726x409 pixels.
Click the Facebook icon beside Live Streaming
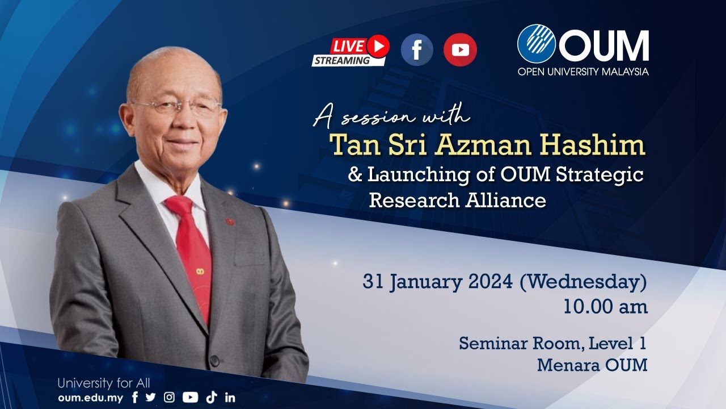[x=417, y=50]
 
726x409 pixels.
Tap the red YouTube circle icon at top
[x=460, y=50]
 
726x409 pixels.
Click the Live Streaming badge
[x=351, y=51]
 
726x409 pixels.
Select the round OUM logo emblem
[x=536, y=43]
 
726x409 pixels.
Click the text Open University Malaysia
[x=583, y=72]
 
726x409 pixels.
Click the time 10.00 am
[x=605, y=307]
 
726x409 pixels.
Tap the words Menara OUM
[x=592, y=365]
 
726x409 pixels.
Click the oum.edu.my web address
[x=90, y=398]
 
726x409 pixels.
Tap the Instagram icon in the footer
[x=169, y=398]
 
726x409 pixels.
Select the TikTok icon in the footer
[x=212, y=398]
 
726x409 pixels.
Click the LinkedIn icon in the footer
[x=230, y=398]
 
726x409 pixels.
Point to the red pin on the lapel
[x=230, y=221]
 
